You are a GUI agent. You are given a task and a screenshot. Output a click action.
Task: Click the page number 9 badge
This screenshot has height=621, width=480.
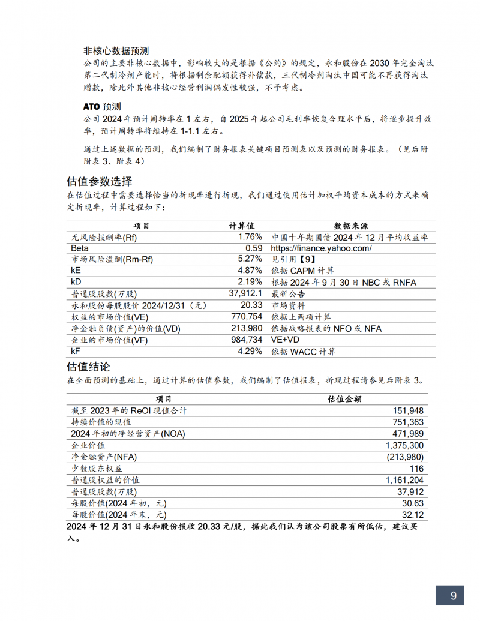pyautogui.click(x=454, y=595)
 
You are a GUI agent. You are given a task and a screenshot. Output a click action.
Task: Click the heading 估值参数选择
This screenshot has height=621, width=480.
pyautogui.click(x=99, y=181)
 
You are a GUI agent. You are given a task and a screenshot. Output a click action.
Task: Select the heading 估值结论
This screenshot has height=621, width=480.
pyautogui.click(x=88, y=366)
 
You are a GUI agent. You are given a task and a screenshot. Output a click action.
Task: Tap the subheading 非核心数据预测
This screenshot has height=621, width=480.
pyautogui.click(x=116, y=50)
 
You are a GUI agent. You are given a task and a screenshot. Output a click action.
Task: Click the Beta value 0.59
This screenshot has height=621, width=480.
pyautogui.click(x=254, y=248)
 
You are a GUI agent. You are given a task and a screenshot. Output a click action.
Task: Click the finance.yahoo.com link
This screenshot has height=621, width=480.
pyautogui.click(x=321, y=248)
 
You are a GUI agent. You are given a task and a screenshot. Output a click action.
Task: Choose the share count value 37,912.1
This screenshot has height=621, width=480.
pyautogui.click(x=245, y=293)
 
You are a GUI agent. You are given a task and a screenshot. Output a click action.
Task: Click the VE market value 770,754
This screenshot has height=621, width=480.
pyautogui.click(x=247, y=317)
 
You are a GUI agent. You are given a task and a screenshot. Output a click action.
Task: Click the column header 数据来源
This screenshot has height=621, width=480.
pyautogui.click(x=350, y=226)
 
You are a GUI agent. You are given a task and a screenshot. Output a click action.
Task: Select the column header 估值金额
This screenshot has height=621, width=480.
pyautogui.click(x=344, y=398)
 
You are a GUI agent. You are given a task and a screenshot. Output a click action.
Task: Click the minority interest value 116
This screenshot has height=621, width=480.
pyautogui.click(x=416, y=469)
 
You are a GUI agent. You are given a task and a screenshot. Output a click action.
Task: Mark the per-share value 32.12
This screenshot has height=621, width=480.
pyautogui.click(x=412, y=515)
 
